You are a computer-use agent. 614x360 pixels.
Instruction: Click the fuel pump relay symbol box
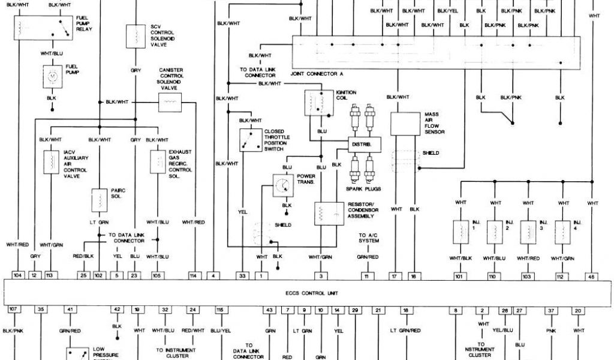(41, 26)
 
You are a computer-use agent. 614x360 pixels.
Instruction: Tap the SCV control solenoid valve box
(136, 35)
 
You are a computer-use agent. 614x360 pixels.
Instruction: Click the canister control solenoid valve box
(170, 103)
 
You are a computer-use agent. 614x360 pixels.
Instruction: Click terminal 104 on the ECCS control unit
(19, 275)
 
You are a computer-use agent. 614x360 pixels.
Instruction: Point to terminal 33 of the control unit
(243, 275)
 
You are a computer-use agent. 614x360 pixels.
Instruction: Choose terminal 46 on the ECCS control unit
(592, 275)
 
